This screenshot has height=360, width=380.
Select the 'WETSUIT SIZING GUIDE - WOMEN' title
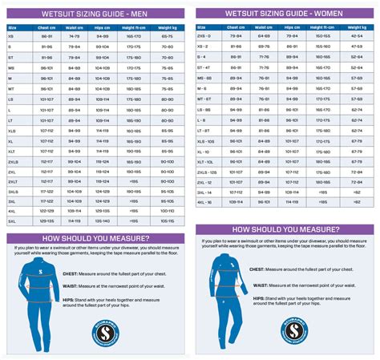(x=285, y=14)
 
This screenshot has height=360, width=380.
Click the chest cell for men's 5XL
(x=46, y=220)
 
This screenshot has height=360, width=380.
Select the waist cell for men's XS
(x=75, y=37)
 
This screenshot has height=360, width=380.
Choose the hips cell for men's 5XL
(x=103, y=220)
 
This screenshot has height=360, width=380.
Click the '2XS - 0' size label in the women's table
(x=211, y=37)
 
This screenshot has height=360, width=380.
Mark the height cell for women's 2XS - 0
(x=323, y=37)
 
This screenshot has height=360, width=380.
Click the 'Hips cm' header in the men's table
(x=103, y=27)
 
